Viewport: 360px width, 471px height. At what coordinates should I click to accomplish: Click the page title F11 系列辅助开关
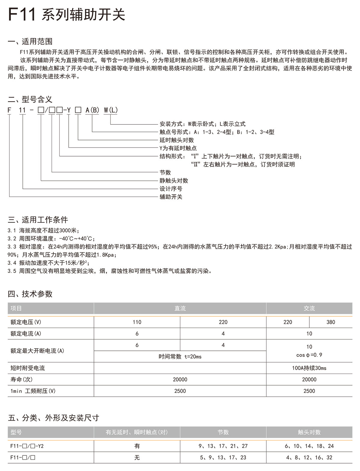point(67,14)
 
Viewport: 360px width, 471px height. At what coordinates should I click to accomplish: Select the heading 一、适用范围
point(30,41)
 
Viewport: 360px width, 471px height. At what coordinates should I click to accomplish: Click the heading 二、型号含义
point(30,99)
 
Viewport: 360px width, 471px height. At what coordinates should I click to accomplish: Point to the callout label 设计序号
point(171,189)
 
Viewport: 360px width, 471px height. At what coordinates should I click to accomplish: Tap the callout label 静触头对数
point(174,180)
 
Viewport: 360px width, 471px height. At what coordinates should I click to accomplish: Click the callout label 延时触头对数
point(177,140)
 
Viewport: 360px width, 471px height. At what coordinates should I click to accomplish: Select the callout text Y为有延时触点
point(178,148)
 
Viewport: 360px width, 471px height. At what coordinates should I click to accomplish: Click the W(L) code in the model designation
point(111,110)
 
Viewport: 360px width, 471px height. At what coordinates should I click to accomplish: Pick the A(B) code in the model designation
point(92,110)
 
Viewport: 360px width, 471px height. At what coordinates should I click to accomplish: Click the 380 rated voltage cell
point(331,322)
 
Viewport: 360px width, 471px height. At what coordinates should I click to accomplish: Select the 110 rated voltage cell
point(137,322)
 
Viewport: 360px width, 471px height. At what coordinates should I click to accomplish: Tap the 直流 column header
point(180,308)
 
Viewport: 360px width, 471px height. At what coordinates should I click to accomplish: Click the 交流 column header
point(309,308)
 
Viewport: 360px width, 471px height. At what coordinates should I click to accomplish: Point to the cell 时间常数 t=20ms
point(180,356)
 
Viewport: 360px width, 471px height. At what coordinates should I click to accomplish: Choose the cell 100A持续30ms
point(309,368)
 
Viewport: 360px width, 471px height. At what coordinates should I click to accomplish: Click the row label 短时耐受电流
point(28,368)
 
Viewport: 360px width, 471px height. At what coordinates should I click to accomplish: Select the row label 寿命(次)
point(21,379)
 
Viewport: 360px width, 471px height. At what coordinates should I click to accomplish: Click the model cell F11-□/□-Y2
point(27,446)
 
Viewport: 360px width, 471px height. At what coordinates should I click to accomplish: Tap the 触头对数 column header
point(309,432)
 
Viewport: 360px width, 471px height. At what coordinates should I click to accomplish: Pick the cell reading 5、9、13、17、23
point(223,458)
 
